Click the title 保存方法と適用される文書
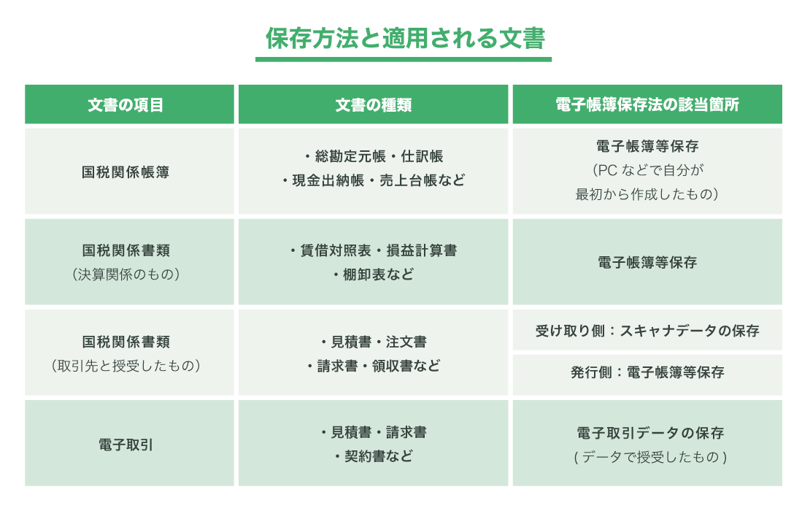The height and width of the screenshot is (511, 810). coord(405,38)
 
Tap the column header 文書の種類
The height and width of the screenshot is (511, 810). coord(373,104)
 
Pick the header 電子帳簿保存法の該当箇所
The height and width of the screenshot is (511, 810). coord(647,104)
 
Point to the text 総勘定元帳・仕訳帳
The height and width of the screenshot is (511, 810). coord(373,156)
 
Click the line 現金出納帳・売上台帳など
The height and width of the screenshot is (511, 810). coord(373,180)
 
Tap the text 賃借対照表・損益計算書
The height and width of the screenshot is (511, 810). coord(373,250)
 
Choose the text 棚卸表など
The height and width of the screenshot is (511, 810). coord(373,274)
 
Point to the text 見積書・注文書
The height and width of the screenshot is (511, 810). coord(373,342)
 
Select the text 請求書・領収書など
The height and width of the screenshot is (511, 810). coord(373,366)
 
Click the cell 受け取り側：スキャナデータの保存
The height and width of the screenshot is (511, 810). coord(647,331)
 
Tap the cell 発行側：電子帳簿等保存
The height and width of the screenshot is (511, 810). coord(647,372)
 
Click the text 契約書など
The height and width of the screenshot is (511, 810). coord(373,456)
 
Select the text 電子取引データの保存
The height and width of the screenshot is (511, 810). coord(647,432)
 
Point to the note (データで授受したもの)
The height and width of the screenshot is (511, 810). coord(647,457)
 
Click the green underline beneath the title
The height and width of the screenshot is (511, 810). coord(404,59)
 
